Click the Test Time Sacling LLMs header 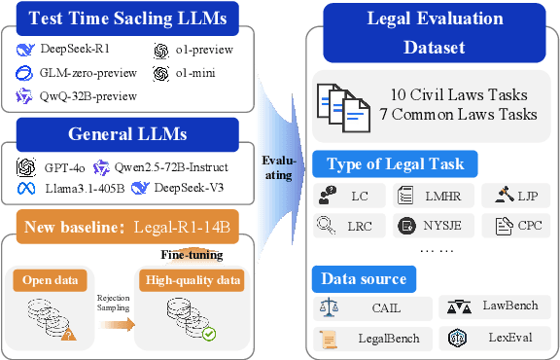coord(133,18)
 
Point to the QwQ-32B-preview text coord(88,95)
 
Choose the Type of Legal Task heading coord(393,163)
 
